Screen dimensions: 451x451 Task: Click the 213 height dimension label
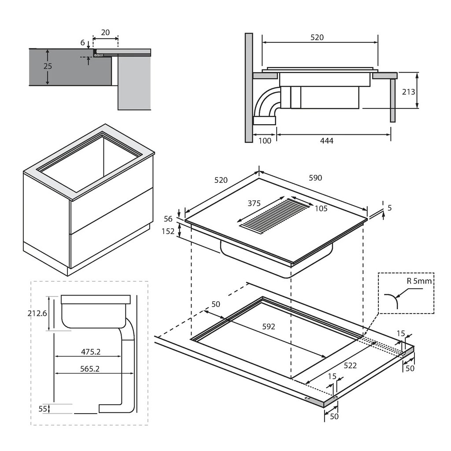(x=409, y=92)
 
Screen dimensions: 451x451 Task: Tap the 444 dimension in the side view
(x=327, y=140)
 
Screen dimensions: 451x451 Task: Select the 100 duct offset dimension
(x=265, y=140)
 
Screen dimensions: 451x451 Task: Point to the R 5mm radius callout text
(x=418, y=281)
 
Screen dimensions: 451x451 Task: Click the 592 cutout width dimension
(x=268, y=326)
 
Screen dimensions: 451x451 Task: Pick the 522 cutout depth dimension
(x=350, y=365)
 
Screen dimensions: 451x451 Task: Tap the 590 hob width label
(x=315, y=177)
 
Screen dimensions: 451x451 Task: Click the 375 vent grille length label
(x=254, y=203)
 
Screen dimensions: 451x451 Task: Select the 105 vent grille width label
(x=321, y=208)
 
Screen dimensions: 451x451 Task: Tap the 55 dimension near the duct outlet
(x=43, y=409)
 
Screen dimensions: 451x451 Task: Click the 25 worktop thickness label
(x=48, y=67)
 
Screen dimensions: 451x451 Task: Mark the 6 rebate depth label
(x=82, y=43)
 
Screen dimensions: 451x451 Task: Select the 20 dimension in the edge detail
(x=105, y=32)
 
